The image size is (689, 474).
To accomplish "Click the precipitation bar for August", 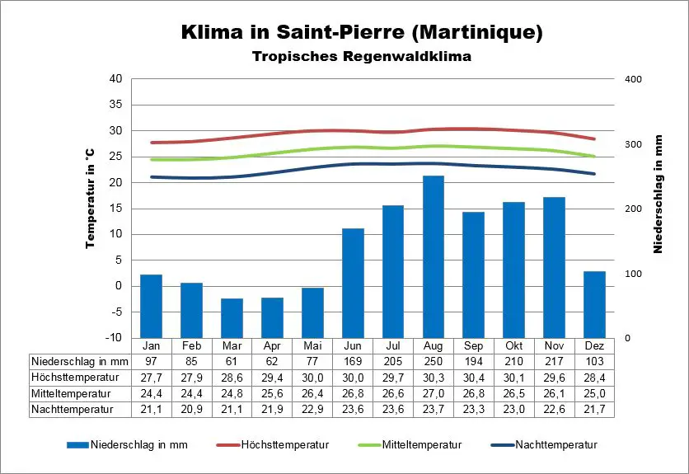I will coord(434,256).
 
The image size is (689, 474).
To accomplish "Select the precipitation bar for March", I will coord(232,318).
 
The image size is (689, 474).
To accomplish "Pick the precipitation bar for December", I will coord(594,304).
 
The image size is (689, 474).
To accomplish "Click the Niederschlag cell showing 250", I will coord(434,361).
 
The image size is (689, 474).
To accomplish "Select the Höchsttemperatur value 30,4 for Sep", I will coord(474,377).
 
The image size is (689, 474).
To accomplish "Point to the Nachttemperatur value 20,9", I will coord(191,408).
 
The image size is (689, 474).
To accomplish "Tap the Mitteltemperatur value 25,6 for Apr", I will coord(272,392).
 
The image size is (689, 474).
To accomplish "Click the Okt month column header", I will coord(514,345).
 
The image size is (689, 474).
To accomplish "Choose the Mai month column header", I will coord(312,345).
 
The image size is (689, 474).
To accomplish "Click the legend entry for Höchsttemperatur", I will coord(284,444).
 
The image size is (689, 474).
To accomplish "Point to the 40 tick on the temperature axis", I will coord(115,79).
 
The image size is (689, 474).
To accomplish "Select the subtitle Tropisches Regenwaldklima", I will coord(361,57).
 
